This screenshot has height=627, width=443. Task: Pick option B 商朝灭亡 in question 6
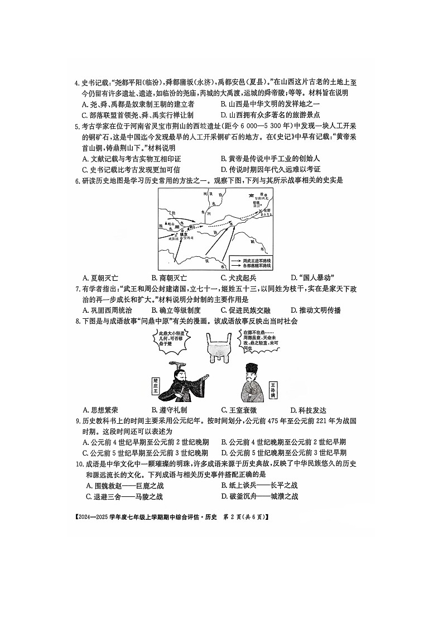click(169, 277)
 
